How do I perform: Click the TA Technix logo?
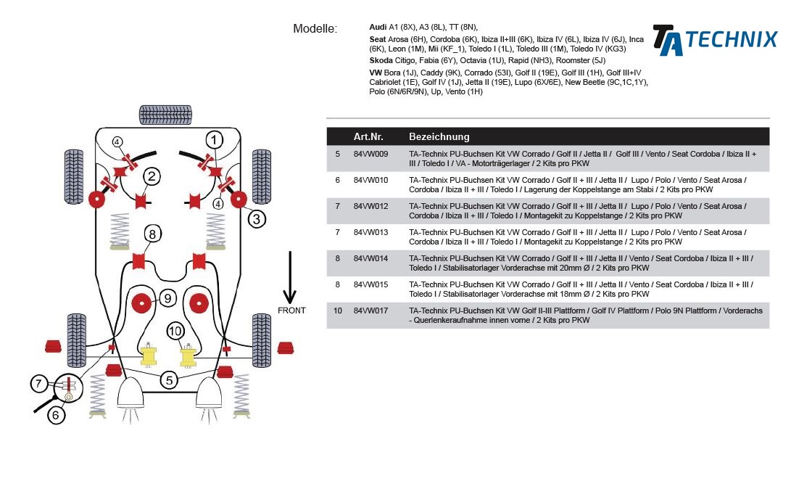pyautogui.click(x=714, y=39)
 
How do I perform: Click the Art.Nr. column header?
pyautogui.click(x=368, y=136)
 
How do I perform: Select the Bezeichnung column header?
pyautogui.click(x=439, y=136)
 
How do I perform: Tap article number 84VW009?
pyautogui.click(x=370, y=154)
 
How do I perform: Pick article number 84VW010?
pyautogui.click(x=370, y=180)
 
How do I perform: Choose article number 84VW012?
pyautogui.click(x=370, y=206)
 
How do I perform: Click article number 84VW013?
pyautogui.click(x=370, y=232)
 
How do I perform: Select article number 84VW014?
pyautogui.click(x=370, y=258)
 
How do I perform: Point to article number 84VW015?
pyautogui.click(x=370, y=284)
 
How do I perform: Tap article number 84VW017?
pyautogui.click(x=370, y=311)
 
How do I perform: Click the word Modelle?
pyautogui.click(x=315, y=29)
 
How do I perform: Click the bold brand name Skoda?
pyautogui.click(x=381, y=60)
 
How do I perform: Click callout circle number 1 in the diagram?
pyautogui.click(x=213, y=139)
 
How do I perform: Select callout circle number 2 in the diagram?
pyautogui.click(x=152, y=176)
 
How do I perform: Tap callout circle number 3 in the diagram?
pyautogui.click(x=257, y=218)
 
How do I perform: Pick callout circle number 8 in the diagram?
pyautogui.click(x=152, y=234)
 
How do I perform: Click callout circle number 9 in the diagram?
pyautogui.click(x=167, y=297)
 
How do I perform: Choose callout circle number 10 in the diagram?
pyautogui.click(x=175, y=332)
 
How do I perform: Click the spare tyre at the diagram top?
pyautogui.click(x=160, y=115)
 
